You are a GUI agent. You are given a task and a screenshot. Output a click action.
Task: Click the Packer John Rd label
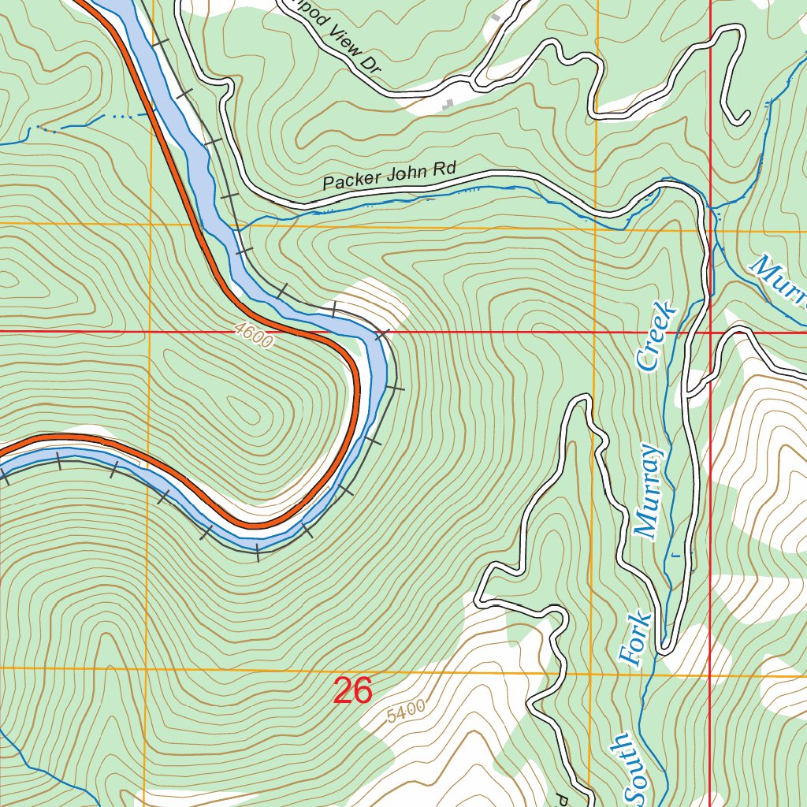389,177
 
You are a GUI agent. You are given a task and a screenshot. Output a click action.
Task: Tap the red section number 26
352,691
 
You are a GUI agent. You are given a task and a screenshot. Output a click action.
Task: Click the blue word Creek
656,335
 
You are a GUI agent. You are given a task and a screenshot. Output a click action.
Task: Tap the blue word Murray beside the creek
649,492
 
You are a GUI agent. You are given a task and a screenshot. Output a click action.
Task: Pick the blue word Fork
634,639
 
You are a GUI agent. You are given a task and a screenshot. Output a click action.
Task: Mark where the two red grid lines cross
711,332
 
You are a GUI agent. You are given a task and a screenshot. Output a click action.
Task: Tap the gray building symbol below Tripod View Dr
449,103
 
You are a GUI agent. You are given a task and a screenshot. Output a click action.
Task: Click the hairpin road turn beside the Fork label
666,649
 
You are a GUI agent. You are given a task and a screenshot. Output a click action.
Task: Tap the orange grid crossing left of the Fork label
592,674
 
